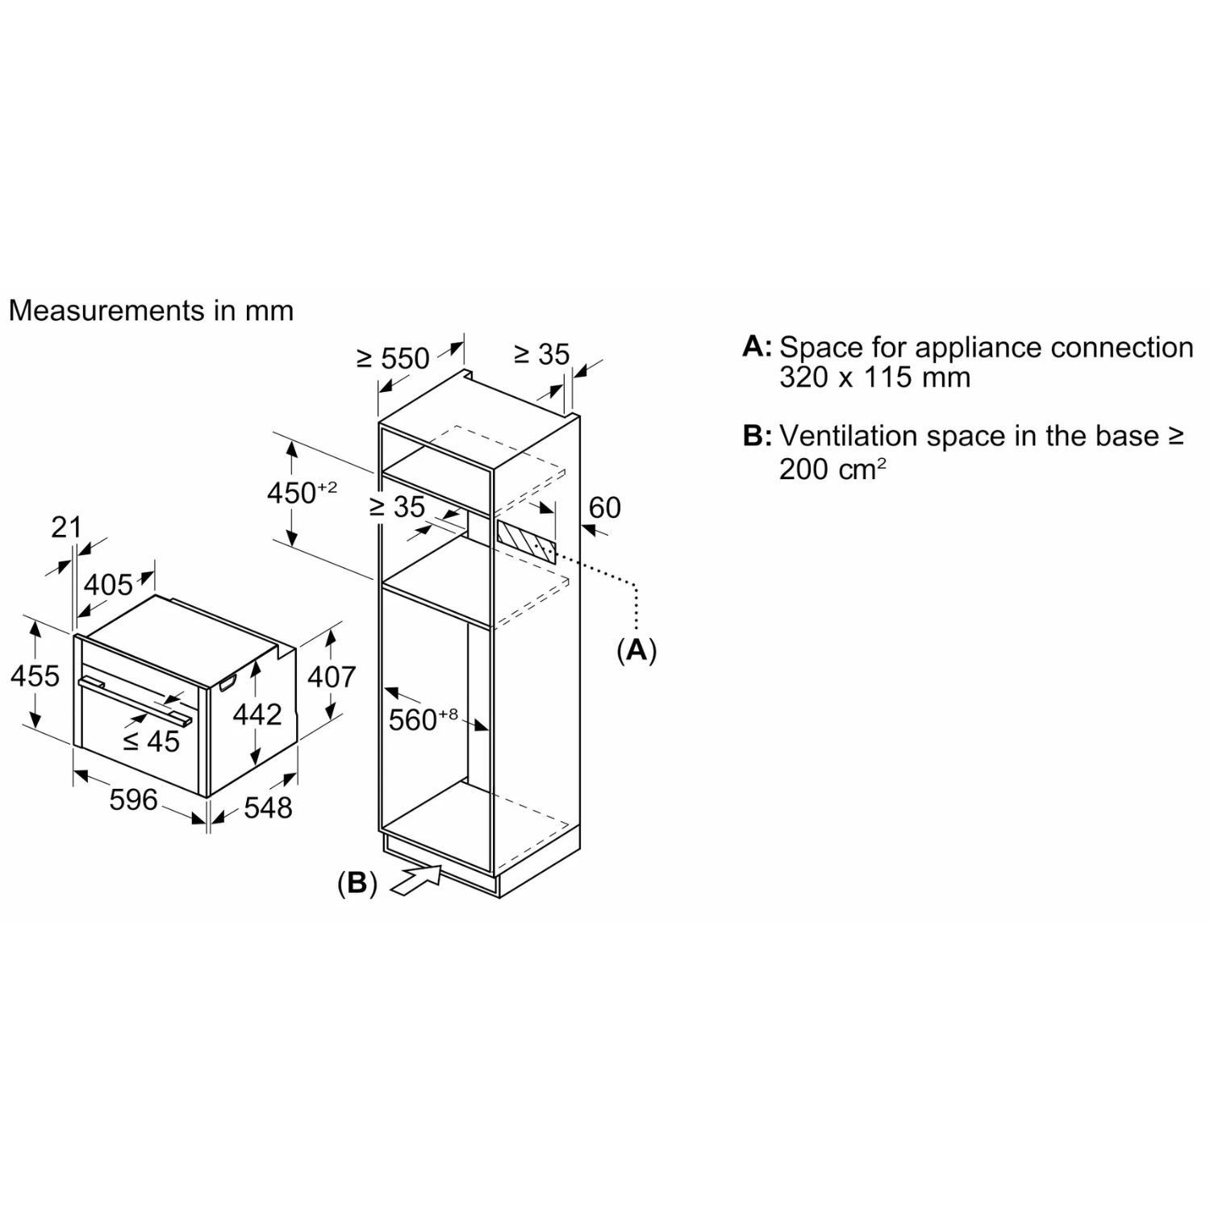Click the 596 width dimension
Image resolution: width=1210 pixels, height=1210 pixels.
click(133, 799)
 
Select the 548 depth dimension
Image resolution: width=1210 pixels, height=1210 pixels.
click(268, 807)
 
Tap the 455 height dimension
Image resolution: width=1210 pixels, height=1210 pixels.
click(35, 675)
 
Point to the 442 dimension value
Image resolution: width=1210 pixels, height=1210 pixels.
click(257, 714)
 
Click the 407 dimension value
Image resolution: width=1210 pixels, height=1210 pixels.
click(332, 676)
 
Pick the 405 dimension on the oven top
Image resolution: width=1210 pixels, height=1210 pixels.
click(108, 584)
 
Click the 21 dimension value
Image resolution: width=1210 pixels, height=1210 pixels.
click(66, 528)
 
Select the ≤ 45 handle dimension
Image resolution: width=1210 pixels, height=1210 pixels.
click(152, 741)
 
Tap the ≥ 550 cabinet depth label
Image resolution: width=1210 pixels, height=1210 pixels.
click(393, 357)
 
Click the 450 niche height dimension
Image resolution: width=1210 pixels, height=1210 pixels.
click(302, 491)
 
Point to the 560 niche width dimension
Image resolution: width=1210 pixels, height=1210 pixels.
click(423, 718)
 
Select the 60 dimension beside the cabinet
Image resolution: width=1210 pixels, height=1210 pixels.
click(605, 507)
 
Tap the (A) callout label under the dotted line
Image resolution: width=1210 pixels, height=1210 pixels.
click(636, 649)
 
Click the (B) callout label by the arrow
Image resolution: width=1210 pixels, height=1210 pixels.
click(357, 883)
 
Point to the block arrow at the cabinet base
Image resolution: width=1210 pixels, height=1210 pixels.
click(415, 878)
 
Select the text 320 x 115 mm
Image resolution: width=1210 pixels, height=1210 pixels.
click(874, 378)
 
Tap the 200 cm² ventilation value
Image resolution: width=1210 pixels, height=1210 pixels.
click(832, 469)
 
